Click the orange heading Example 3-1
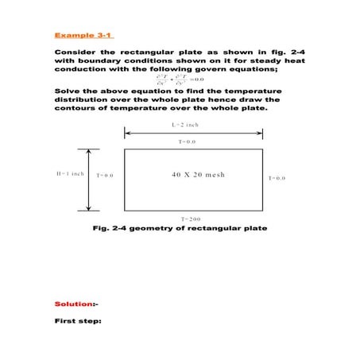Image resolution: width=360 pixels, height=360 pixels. click(x=84, y=35)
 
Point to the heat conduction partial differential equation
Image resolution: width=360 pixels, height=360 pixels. click(x=180, y=79)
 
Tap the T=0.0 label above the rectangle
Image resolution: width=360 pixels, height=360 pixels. click(x=188, y=141)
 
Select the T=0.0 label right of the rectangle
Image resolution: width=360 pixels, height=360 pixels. click(x=277, y=179)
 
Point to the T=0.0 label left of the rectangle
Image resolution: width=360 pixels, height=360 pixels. click(x=105, y=174)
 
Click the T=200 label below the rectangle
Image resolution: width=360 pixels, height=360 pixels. click(x=190, y=218)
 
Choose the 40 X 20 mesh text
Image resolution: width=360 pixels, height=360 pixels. click(x=198, y=174)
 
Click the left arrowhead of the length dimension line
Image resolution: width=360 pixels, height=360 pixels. click(x=127, y=134)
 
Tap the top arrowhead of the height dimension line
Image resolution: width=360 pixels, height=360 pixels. click(x=88, y=151)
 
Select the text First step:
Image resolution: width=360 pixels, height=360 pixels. click(x=79, y=321)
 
